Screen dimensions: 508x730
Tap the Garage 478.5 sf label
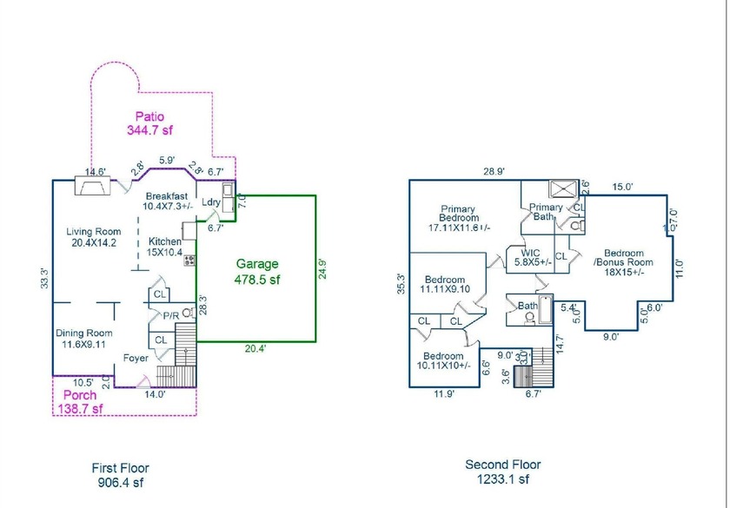pyautogui.click(x=254, y=272)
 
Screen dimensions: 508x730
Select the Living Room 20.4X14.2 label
pyautogui.click(x=96, y=238)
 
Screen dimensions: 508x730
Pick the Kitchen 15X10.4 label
pyautogui.click(x=164, y=247)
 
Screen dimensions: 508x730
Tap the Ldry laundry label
pyautogui.click(x=211, y=202)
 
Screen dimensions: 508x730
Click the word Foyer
pyautogui.click(x=135, y=356)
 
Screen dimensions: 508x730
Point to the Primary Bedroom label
pyautogui.click(x=458, y=217)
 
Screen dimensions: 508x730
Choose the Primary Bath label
pyautogui.click(x=547, y=212)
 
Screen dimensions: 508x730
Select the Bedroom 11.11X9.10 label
pyautogui.click(x=445, y=283)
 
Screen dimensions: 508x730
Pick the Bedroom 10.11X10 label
pyautogui.click(x=446, y=361)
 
